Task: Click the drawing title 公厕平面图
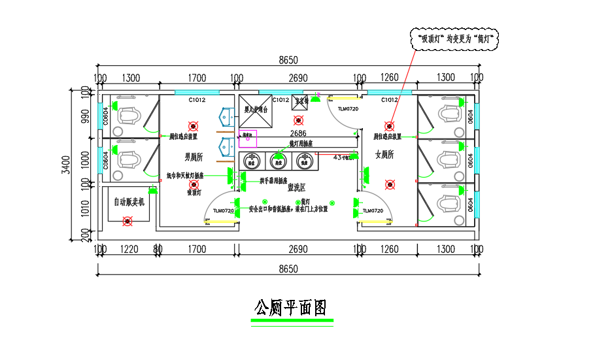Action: pos(290,307)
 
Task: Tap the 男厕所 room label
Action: pos(194,157)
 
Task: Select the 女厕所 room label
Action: pos(384,155)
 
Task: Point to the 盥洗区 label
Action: pos(296,188)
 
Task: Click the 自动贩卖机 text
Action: pos(133,203)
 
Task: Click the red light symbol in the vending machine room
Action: pos(127,221)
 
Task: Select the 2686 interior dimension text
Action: pos(298,133)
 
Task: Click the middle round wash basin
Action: pos(278,159)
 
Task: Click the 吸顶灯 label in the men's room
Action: pos(194,193)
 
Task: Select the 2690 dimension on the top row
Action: pos(298,78)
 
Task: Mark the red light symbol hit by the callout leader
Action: pos(390,126)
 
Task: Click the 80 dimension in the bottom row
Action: pos(157,250)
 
